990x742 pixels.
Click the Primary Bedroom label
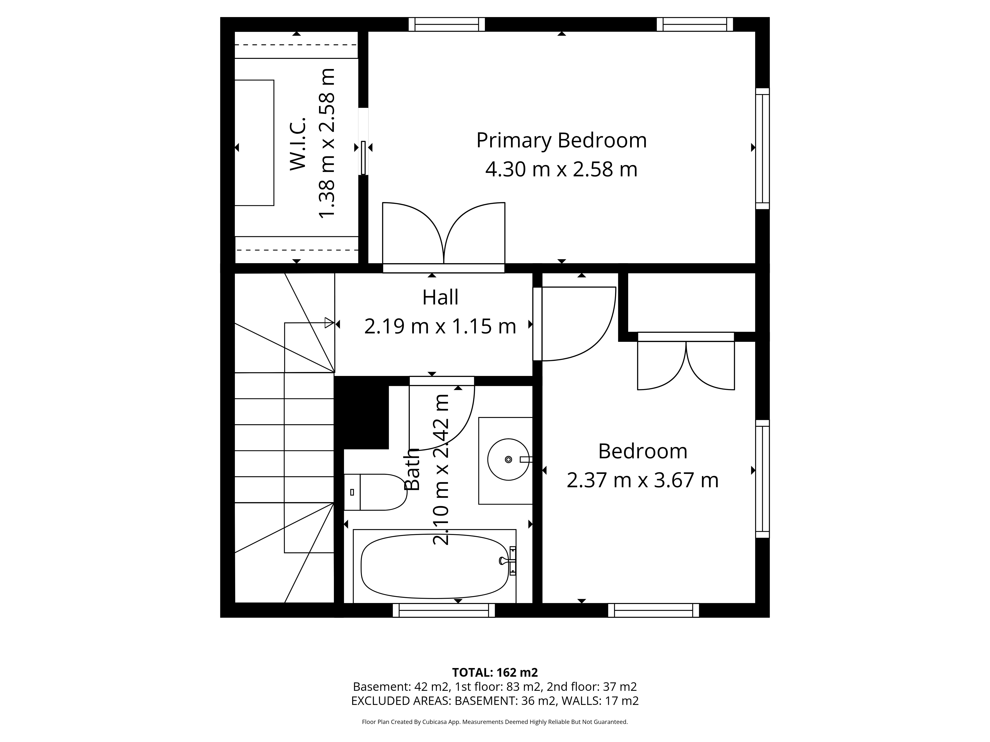pos(561,140)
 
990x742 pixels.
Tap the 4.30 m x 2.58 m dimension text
pos(561,169)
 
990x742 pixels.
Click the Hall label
pos(440,298)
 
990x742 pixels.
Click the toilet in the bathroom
pos(375,492)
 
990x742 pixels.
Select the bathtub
pos(435,566)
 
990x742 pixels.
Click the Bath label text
pos(412,469)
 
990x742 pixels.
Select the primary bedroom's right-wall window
pos(763,148)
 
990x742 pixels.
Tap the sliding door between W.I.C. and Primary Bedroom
pos(363,158)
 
